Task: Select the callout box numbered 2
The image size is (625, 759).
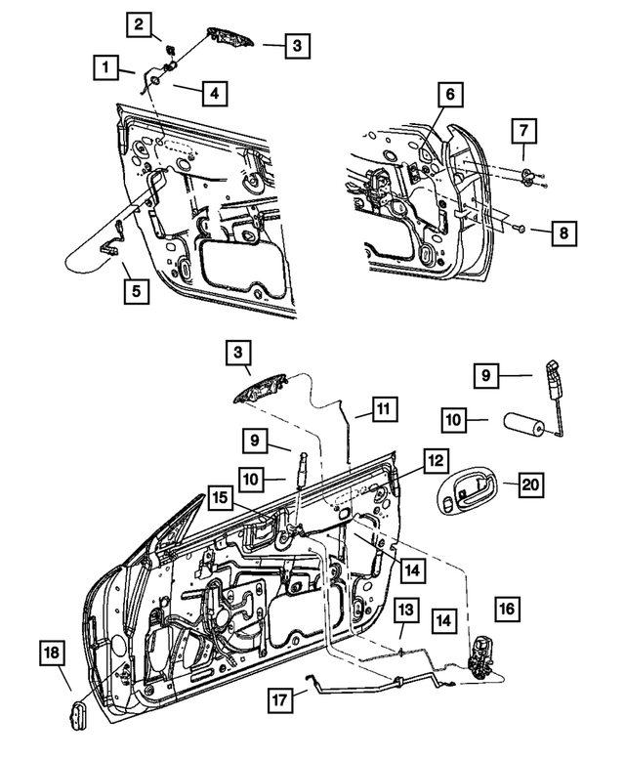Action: click(142, 23)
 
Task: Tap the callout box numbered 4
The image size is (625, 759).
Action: click(212, 94)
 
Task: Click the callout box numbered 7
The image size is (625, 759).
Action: click(524, 130)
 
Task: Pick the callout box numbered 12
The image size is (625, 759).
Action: click(436, 460)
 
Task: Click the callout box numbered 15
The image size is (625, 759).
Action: click(221, 498)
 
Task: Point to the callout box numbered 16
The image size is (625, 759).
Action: click(506, 608)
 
